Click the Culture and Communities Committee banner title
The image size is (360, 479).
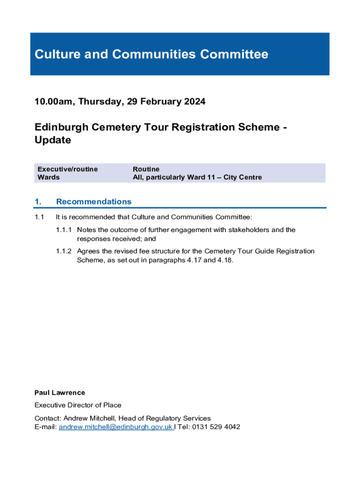pyautogui.click(x=151, y=55)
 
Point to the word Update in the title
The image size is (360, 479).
pyautogui.click(x=53, y=140)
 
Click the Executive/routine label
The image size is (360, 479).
pyautogui.click(x=67, y=169)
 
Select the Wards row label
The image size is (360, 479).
pyautogui.click(x=49, y=177)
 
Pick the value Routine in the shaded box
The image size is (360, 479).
pyautogui.click(x=146, y=169)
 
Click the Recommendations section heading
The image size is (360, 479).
pyautogui.click(x=94, y=202)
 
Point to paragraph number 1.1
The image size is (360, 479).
pyautogui.click(x=39, y=217)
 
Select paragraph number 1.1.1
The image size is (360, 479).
pyautogui.click(x=64, y=230)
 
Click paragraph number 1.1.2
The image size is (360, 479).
pyautogui.click(x=64, y=251)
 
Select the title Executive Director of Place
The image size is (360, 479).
pyautogui.click(x=78, y=405)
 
